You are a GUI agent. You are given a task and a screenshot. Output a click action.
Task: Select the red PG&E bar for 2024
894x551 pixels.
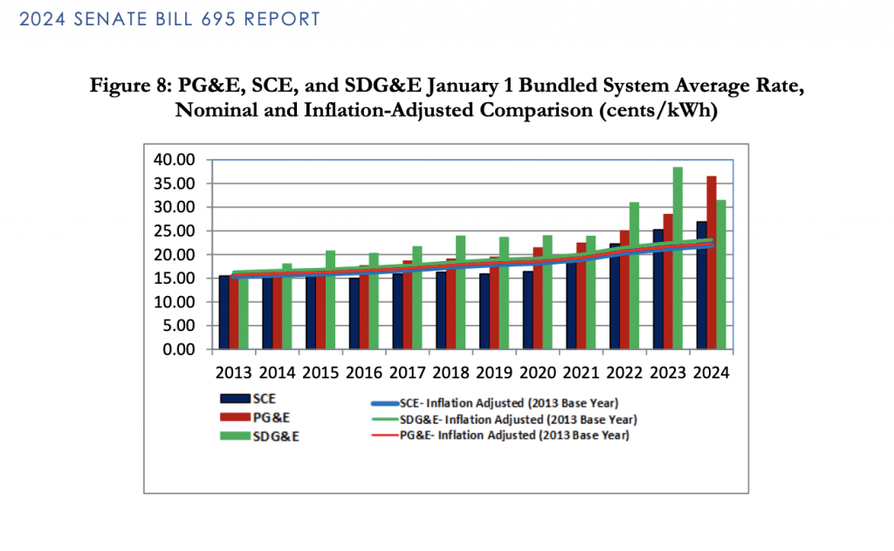tap(712, 262)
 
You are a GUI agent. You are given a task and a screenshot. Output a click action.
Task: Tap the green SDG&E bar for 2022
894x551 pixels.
tap(635, 275)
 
